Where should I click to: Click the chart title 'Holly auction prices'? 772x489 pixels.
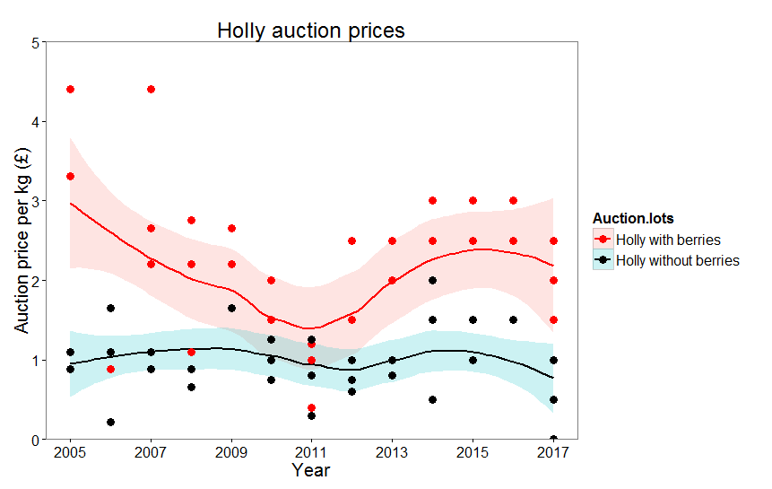pyautogui.click(x=311, y=31)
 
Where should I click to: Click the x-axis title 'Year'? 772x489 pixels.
pyautogui.click(x=311, y=470)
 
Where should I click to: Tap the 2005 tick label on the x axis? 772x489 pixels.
pyautogui.click(x=70, y=450)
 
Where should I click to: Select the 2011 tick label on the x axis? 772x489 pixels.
pyautogui.click(x=311, y=450)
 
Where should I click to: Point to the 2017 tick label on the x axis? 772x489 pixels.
pyautogui.click(x=553, y=450)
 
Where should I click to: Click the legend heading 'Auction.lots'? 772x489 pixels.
pyautogui.click(x=633, y=218)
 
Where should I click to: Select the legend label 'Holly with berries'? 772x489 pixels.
pyautogui.click(x=674, y=240)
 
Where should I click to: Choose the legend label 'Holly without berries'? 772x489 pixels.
pyautogui.click(x=683, y=260)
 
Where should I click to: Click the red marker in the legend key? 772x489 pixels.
pyautogui.click(x=603, y=240)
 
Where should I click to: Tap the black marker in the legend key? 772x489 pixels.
pyautogui.click(x=603, y=260)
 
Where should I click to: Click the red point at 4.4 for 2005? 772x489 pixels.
pyautogui.click(x=70, y=90)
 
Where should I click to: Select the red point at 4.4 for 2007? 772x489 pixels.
pyautogui.click(x=151, y=90)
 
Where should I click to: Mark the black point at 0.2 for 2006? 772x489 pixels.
pyautogui.click(x=110, y=423)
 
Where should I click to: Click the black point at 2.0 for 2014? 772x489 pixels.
pyautogui.click(x=432, y=281)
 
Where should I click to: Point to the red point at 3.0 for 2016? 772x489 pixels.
pyautogui.click(x=513, y=201)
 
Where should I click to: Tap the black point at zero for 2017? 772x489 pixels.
pyautogui.click(x=553, y=439)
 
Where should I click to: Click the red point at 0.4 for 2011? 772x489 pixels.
pyautogui.click(x=311, y=407)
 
